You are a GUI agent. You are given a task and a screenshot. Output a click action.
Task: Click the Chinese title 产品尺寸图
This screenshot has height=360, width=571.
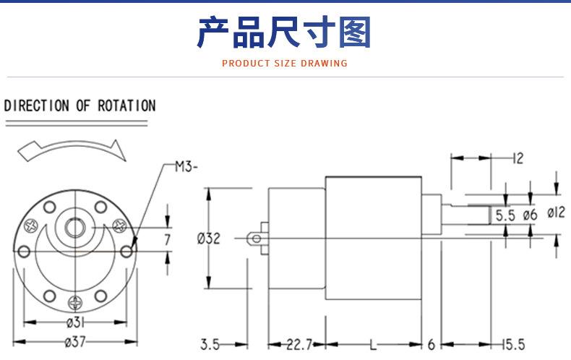(x=283, y=32)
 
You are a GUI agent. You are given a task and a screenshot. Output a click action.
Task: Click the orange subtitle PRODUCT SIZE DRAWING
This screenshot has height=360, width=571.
(x=284, y=64)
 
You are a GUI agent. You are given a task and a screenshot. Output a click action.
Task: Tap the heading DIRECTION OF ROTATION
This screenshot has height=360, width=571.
(x=80, y=106)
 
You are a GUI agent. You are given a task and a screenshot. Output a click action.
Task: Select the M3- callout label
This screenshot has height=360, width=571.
(x=186, y=167)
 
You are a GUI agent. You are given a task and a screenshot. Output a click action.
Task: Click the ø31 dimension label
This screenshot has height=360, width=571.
(x=75, y=322)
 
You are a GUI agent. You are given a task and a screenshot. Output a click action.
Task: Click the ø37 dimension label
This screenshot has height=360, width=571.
(x=75, y=342)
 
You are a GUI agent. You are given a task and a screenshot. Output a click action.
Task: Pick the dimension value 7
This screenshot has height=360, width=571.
(x=167, y=239)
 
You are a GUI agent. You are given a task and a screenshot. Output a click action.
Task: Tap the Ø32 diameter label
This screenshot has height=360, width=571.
(x=209, y=239)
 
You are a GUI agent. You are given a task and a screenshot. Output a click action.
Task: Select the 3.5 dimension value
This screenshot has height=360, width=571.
(x=210, y=344)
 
